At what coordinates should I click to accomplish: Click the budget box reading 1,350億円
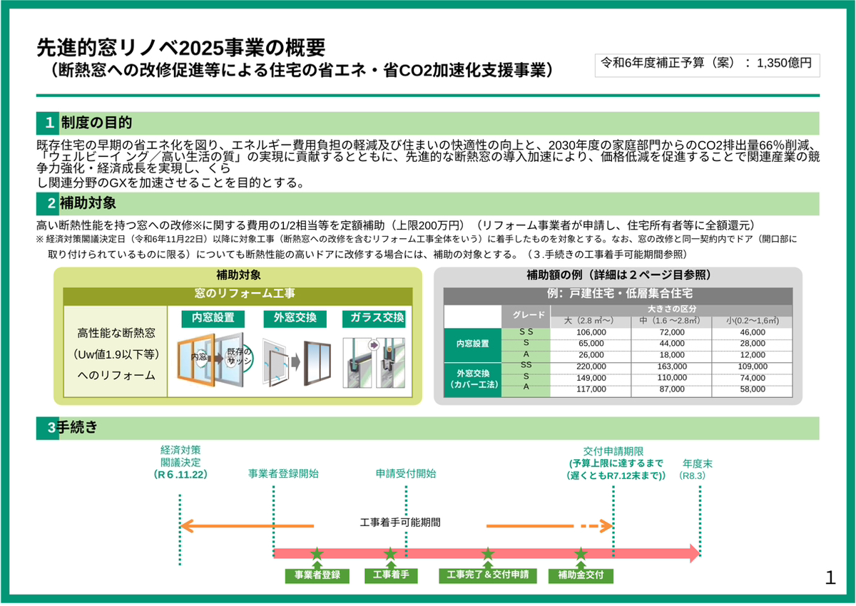[707, 66]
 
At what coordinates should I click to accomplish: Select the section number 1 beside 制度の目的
[49, 123]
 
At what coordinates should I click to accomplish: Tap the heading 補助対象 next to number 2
[88, 203]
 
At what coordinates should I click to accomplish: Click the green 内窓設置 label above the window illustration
[213, 318]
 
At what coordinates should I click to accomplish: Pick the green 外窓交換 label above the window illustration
[295, 318]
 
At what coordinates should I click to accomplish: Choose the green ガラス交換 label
[374, 318]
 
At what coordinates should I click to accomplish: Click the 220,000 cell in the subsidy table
[591, 366]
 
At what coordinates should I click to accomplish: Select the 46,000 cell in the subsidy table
[753, 332]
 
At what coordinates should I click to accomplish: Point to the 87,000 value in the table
[672, 389]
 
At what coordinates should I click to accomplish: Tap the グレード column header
[529, 315]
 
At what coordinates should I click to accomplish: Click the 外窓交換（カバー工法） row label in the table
[473, 379]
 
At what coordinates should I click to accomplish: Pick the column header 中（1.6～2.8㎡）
[671, 321]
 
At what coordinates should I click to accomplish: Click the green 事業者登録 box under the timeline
[317, 575]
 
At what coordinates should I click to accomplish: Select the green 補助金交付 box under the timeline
[581, 575]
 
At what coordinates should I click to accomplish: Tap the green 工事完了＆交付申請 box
[488, 575]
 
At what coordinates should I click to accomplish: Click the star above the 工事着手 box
[390, 553]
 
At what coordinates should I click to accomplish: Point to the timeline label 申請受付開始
[405, 474]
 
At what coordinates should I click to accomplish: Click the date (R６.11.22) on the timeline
[180, 475]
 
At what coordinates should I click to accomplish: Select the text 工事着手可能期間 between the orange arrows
[400, 523]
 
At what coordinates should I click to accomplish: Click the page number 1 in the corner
[830, 577]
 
